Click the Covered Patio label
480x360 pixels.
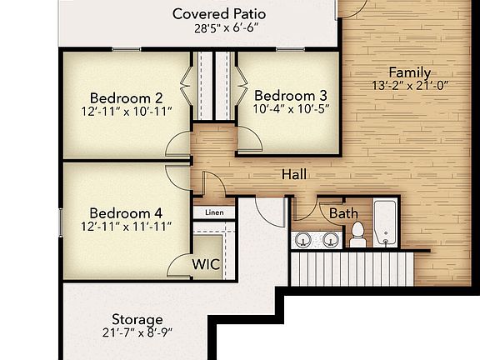pos(218,13)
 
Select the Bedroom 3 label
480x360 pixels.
pos(291,94)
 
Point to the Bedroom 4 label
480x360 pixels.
pos(126,211)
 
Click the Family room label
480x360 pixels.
pos(409,72)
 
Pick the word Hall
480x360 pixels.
pos(292,174)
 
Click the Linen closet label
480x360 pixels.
pos(214,213)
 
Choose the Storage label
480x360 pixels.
pos(137,319)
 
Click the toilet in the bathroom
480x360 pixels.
pos(357,235)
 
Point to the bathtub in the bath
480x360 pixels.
pos(386,222)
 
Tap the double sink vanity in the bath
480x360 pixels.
pos(317,240)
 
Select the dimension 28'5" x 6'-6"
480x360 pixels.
pos(218,27)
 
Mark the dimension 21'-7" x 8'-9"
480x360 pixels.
pos(137,334)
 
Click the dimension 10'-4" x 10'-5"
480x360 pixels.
pos(291,109)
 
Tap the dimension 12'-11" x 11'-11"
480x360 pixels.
pos(126,226)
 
